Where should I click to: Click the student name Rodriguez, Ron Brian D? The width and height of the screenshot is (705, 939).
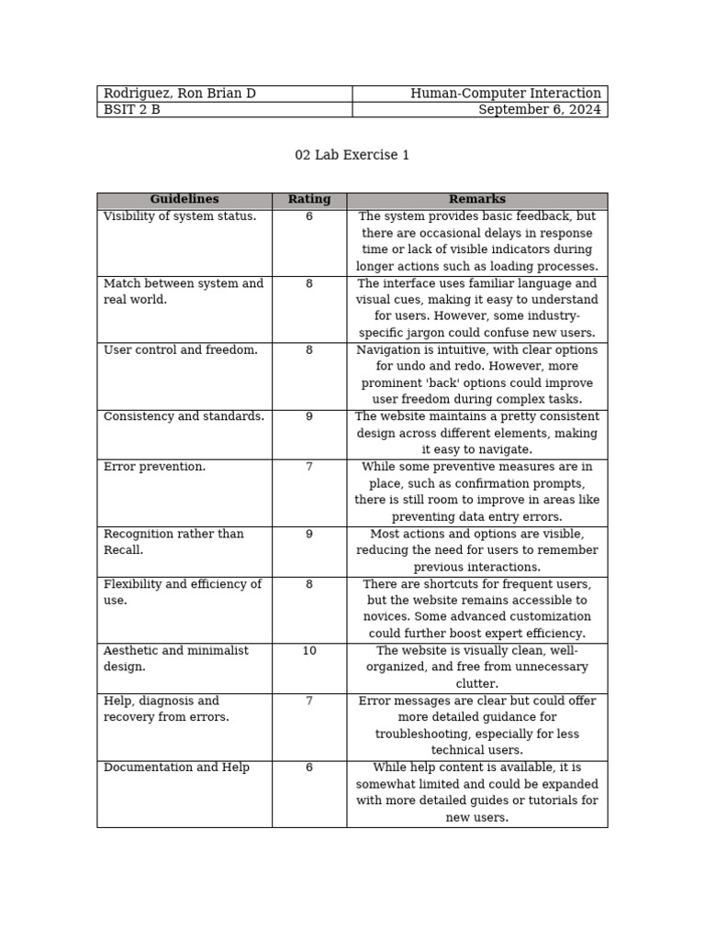point(179,94)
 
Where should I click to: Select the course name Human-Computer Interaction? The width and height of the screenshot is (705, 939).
point(506,94)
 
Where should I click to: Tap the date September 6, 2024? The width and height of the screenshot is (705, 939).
point(540,110)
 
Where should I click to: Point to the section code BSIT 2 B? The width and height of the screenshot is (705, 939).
point(131,110)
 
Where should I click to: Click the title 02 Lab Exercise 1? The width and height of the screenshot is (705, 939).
point(352,155)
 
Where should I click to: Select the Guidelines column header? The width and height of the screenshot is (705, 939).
point(185,200)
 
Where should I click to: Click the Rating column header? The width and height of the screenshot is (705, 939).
point(308,200)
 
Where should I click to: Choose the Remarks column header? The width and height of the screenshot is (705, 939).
point(476,200)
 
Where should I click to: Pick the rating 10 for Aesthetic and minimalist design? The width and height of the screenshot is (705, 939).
point(308,651)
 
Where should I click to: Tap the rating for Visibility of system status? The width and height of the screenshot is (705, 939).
point(308,217)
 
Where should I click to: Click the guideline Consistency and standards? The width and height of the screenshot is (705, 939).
point(184,417)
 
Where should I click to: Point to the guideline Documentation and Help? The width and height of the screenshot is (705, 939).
point(176,768)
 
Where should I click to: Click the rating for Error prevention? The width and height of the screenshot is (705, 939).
point(308,468)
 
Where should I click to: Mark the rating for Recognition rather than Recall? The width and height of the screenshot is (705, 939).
point(308,534)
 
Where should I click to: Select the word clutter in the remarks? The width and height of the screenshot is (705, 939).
point(476,684)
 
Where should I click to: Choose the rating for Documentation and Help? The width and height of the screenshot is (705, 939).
point(308,768)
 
